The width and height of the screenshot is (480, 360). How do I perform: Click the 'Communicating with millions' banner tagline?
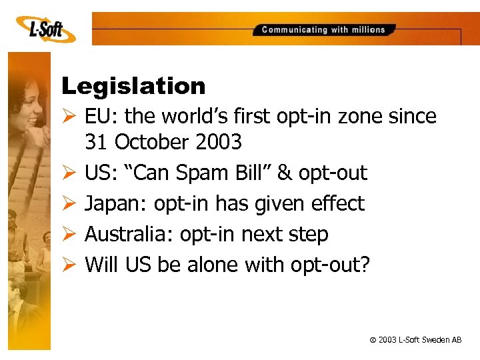tap(323, 29)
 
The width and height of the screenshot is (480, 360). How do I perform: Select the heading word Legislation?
tap(133, 86)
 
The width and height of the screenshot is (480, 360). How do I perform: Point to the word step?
tap(308, 235)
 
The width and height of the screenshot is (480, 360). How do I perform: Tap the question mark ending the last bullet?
tap(364, 265)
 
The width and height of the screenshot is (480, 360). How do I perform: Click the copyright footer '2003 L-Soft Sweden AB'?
tap(415, 340)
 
